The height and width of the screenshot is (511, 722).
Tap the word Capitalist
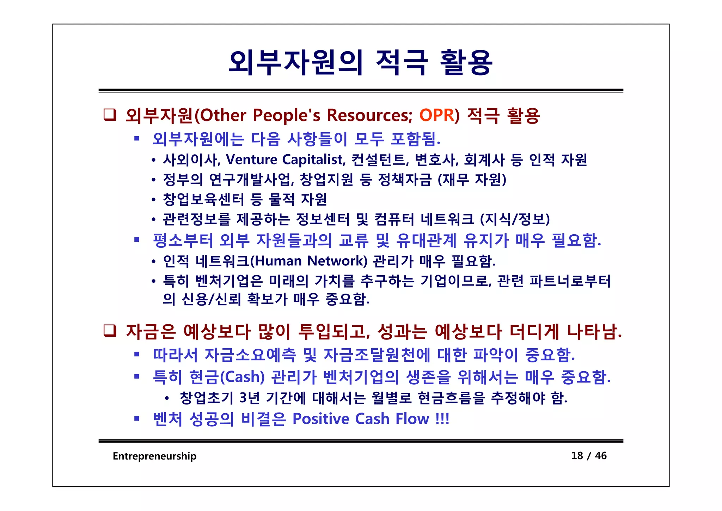pyautogui.click(x=314, y=160)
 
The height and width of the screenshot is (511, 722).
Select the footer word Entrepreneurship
pyautogui.click(x=154, y=456)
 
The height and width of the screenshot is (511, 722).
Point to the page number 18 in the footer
pyautogui.click(x=577, y=456)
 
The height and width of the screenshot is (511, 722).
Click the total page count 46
pyautogui.click(x=601, y=456)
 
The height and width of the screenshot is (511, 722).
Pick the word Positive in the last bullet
pyautogui.click(x=321, y=419)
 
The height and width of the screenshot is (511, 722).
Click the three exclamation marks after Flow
pyautogui.click(x=442, y=419)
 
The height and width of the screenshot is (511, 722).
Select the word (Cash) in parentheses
pyautogui.click(x=242, y=377)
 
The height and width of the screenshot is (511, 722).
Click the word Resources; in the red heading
pyautogui.click(x=369, y=115)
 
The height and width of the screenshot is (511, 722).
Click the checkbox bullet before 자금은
pyautogui.click(x=110, y=331)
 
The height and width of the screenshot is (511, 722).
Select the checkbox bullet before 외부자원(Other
pyautogui.click(x=110, y=115)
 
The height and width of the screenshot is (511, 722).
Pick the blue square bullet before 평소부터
pyautogui.click(x=137, y=240)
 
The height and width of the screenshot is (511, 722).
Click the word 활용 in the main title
pyautogui.click(x=466, y=62)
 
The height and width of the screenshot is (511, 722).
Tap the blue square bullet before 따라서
pyautogui.click(x=137, y=354)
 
